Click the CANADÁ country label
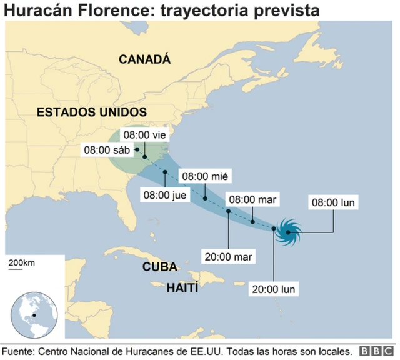[144, 59]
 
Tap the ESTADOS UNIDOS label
[92, 112]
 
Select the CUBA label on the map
[160, 267]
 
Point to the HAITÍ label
[182, 288]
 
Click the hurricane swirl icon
[289, 232]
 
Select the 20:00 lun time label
[273, 289]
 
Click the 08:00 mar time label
[252, 200]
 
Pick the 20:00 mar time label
[227, 256]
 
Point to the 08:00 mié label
[204, 176]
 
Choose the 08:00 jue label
[166, 195]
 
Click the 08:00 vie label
[146, 134]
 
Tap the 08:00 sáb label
[107, 150]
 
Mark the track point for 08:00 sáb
[136, 149]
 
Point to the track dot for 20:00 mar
[229, 211]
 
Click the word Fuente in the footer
[19, 351]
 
